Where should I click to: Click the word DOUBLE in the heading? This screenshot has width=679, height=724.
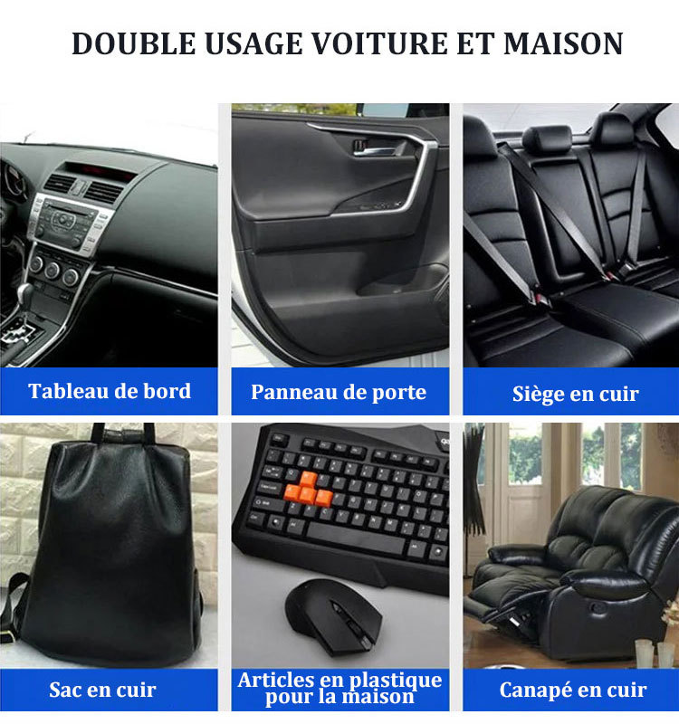click(x=128, y=43)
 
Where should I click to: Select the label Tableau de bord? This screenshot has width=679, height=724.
click(x=110, y=392)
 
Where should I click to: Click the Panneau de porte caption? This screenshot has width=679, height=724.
click(x=339, y=393)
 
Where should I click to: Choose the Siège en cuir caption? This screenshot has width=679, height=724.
click(x=575, y=395)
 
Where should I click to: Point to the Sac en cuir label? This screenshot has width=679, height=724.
click(x=102, y=691)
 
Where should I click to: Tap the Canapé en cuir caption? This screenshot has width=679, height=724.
click(x=573, y=691)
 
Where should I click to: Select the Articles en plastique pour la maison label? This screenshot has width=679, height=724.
click(x=339, y=689)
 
